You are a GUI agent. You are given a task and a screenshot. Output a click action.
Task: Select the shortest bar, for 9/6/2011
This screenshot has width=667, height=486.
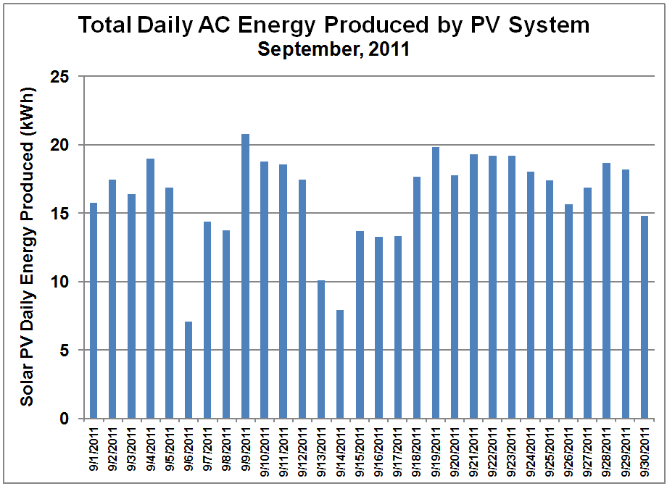(x=188, y=370)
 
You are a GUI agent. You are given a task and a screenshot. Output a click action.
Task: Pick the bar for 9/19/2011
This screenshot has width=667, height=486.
(x=436, y=283)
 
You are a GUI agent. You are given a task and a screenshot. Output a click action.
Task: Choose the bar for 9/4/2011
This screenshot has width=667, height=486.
(x=151, y=289)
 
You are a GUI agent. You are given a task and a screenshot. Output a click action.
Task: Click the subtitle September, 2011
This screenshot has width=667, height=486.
(x=333, y=49)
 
